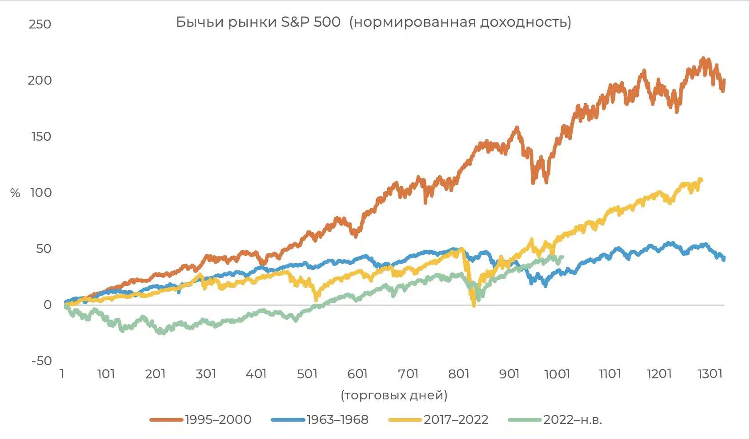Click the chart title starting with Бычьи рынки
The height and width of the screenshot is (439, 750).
(373, 22)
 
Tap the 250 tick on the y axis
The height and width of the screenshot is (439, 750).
(40, 24)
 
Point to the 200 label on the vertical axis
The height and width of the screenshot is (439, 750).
(40, 80)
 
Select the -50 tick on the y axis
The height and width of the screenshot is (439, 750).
(41, 361)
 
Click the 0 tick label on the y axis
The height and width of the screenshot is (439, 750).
(48, 305)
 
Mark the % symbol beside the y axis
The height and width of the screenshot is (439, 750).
(15, 193)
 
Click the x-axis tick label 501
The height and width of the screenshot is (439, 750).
(307, 374)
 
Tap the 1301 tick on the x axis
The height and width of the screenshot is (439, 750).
(710, 374)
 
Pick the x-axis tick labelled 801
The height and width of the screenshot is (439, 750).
(459, 374)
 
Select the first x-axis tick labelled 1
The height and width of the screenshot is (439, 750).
(62, 374)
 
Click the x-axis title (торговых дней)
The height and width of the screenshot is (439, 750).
(394, 395)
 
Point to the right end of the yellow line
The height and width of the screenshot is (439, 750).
(701, 180)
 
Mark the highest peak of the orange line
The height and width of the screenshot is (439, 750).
(703, 59)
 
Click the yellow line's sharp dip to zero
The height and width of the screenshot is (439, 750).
(473, 305)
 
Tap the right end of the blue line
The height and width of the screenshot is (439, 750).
(724, 258)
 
